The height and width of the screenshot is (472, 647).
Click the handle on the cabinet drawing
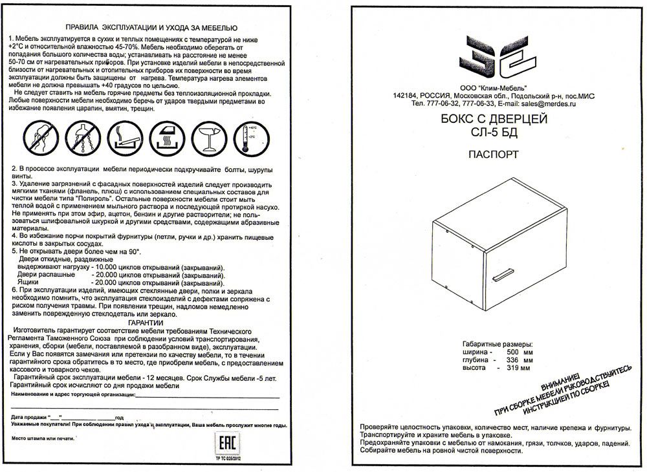(505, 277)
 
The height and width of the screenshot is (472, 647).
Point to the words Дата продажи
(28, 417)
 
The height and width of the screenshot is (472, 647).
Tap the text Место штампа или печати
(39, 438)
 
